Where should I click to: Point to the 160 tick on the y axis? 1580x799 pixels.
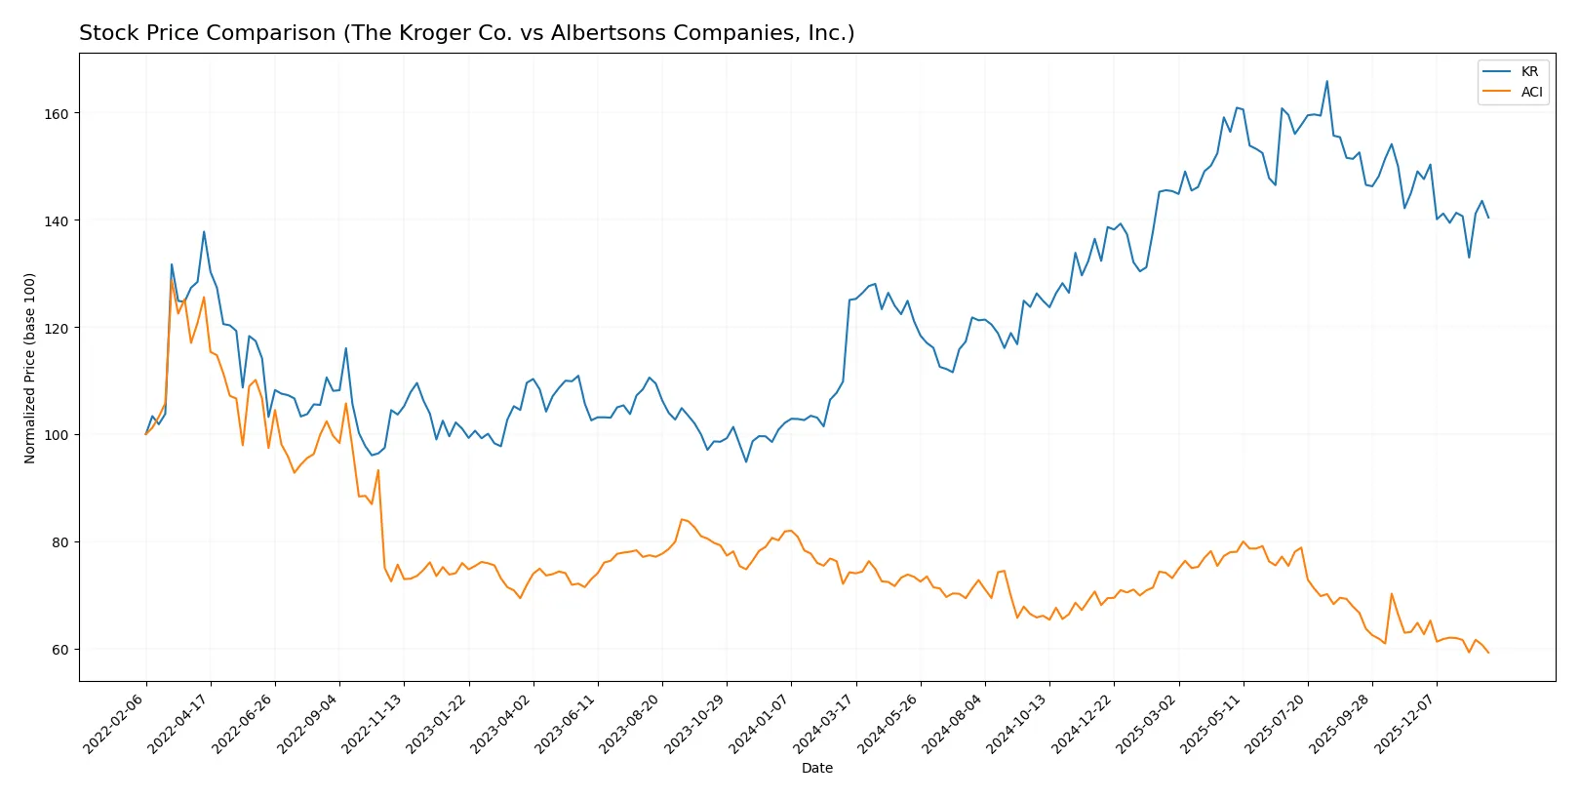tap(57, 114)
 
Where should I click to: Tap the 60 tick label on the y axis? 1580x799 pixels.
tap(60, 650)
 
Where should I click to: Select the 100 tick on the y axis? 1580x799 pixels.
tap(57, 435)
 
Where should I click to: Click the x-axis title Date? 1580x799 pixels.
tap(816, 769)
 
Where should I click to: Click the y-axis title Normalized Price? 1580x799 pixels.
tap(30, 368)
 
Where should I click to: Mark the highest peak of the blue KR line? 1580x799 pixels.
tap(1326, 82)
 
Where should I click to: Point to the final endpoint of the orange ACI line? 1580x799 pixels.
tap(1488, 653)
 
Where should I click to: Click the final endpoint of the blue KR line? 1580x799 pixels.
tap(1488, 218)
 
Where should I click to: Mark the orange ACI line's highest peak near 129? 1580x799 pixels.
tap(172, 280)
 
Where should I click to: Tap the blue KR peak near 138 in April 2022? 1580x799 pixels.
tap(204, 232)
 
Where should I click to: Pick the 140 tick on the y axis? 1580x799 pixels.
tap(57, 221)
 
